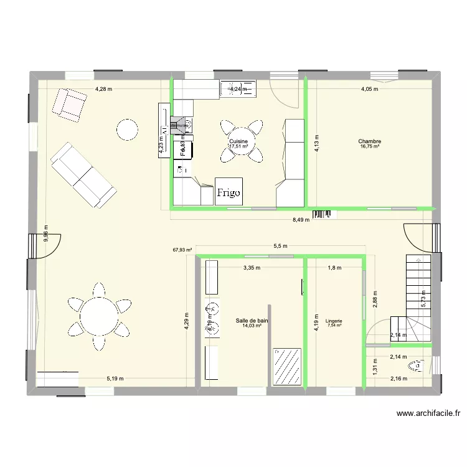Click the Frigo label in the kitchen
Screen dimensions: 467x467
tap(229, 192)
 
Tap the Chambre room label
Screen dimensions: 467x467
tap(369, 142)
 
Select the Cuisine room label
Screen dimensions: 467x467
tap(238, 142)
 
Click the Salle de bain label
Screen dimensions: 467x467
tap(252, 321)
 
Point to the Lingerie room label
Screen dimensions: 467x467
tap(334, 321)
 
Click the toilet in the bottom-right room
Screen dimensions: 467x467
tap(416, 366)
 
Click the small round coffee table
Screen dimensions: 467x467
tap(127, 129)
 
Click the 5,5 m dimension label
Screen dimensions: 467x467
tap(281, 246)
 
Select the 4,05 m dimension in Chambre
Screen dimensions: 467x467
tap(370, 89)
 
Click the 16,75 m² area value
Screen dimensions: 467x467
tap(369, 148)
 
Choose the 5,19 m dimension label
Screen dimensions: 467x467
tap(115, 379)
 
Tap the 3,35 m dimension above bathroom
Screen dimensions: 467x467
tap(251, 268)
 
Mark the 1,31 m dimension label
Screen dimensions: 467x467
tap(376, 368)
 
